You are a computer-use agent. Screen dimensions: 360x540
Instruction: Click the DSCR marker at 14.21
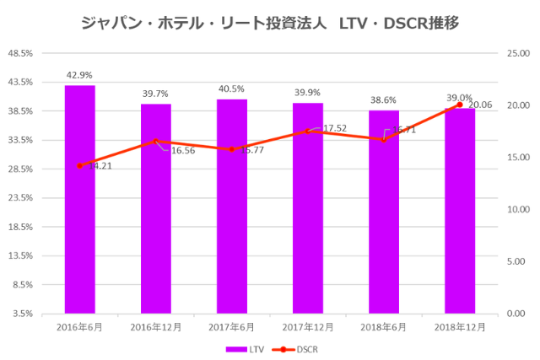coord(79,165)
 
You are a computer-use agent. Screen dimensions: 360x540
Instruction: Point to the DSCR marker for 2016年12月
coord(156,142)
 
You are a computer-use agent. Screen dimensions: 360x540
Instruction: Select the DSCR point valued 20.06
coord(460,105)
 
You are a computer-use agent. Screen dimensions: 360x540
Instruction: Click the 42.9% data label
coord(79,75)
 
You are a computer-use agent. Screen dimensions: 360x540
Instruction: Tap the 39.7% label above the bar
coord(156,94)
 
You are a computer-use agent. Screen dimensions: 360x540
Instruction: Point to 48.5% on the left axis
coord(19,53)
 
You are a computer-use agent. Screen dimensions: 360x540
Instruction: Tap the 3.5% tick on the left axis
coord(22,314)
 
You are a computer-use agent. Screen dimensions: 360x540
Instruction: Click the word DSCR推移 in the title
coord(422,23)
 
